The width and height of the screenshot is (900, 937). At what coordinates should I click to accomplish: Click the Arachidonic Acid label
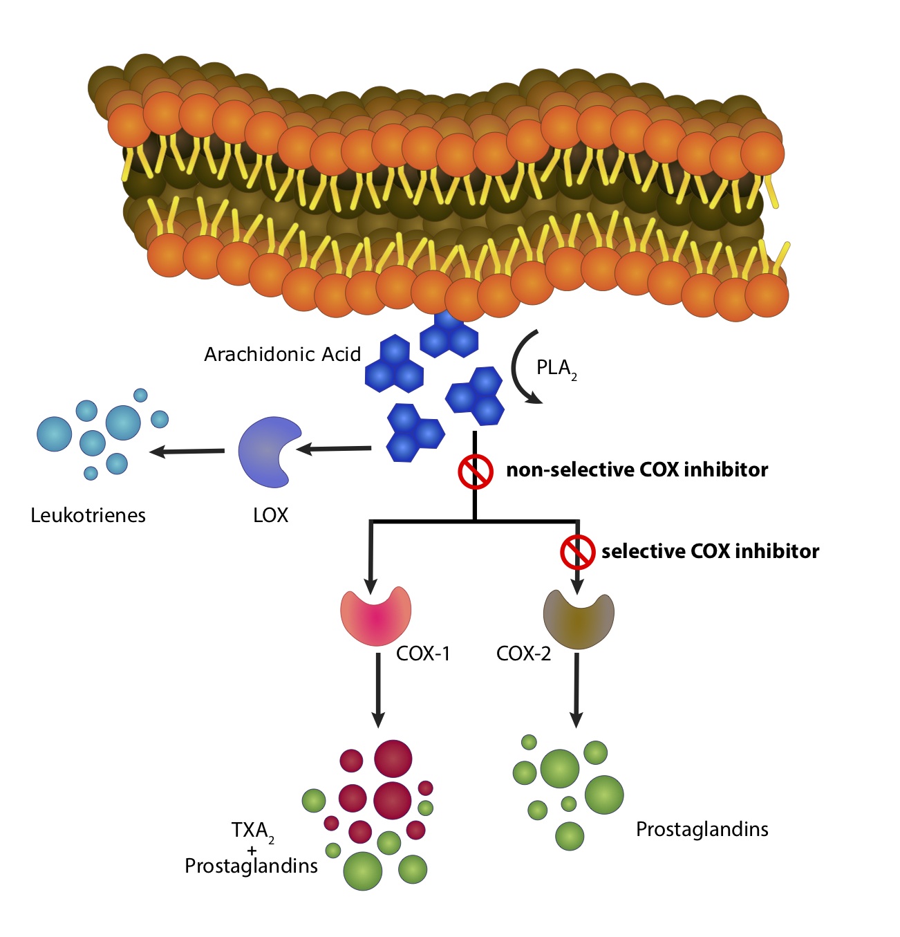click(x=282, y=355)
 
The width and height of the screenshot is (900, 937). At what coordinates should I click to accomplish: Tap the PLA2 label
click(x=555, y=369)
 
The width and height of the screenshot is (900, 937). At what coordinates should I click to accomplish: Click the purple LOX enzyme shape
click(x=266, y=450)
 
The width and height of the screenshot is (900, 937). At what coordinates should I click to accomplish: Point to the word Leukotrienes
click(x=88, y=515)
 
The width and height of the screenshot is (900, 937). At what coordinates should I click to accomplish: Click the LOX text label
click(x=270, y=515)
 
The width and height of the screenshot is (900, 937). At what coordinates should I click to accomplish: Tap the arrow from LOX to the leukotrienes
click(x=187, y=452)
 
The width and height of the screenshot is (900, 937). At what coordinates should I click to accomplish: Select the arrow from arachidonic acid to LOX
click(x=334, y=449)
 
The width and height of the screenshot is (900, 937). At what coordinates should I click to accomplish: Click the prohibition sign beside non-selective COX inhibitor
click(x=476, y=471)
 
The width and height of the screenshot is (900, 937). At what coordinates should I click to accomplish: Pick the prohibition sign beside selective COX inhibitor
click(x=577, y=551)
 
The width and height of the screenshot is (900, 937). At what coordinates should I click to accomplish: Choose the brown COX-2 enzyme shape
click(x=579, y=618)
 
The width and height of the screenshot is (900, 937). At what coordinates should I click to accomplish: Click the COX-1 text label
click(x=423, y=653)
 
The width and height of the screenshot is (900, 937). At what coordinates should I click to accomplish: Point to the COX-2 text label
click(x=523, y=653)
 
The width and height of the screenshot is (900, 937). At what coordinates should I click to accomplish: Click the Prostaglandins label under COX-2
click(x=702, y=829)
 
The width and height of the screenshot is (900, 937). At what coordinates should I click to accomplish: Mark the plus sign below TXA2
click(x=252, y=850)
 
